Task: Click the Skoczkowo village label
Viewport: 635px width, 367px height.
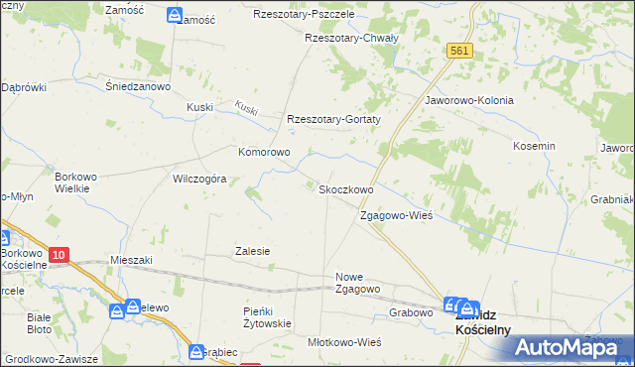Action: click(x=344, y=189)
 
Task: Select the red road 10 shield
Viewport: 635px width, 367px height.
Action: click(x=59, y=256)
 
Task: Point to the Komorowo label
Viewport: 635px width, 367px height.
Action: click(x=263, y=153)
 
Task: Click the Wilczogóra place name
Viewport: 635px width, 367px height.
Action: click(x=200, y=180)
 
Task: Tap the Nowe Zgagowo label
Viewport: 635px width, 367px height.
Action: click(x=358, y=283)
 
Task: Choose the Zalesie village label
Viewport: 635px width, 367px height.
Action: click(x=252, y=251)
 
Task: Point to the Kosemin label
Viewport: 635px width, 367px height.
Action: click(x=534, y=146)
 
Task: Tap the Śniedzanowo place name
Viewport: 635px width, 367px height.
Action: click(x=140, y=86)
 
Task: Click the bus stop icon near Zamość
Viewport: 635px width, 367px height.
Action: click(x=175, y=16)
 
